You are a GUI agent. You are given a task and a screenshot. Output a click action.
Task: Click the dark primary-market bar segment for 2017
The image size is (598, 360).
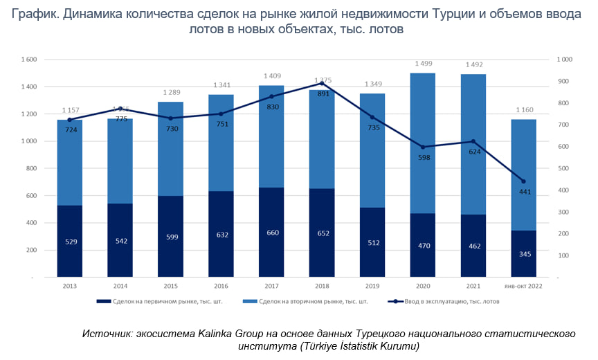(x=271, y=232)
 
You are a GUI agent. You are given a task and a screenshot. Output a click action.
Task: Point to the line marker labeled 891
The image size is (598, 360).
(x=322, y=83)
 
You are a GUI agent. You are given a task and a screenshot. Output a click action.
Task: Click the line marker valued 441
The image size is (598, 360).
(x=524, y=181)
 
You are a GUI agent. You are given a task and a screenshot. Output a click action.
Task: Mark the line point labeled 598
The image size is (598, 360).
(x=424, y=147)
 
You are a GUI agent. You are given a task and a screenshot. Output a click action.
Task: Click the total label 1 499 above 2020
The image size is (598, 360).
(x=424, y=64)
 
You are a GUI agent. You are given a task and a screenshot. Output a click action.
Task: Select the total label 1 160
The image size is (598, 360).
(x=524, y=110)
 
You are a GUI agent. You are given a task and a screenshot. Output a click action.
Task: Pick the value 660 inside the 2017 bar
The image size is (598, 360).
(x=271, y=233)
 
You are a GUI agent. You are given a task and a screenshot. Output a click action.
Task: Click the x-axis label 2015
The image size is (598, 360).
(x=170, y=286)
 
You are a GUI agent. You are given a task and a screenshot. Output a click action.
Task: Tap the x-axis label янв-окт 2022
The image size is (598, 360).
(x=524, y=286)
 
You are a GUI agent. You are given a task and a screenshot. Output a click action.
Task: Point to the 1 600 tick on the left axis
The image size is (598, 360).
(x=28, y=60)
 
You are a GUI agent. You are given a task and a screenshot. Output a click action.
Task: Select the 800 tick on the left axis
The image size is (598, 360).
(x=30, y=168)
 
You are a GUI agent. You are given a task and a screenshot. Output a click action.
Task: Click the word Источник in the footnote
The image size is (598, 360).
(x=107, y=334)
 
